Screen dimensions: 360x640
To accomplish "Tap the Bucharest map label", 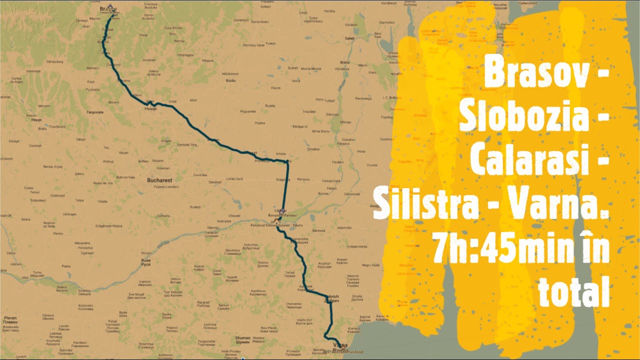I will click(159, 180).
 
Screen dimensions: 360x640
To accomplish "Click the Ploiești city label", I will click(150, 108).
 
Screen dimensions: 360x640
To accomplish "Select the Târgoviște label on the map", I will click(94, 112).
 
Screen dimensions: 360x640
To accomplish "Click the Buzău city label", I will click(230, 80).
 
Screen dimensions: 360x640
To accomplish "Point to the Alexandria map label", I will click(81, 243).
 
